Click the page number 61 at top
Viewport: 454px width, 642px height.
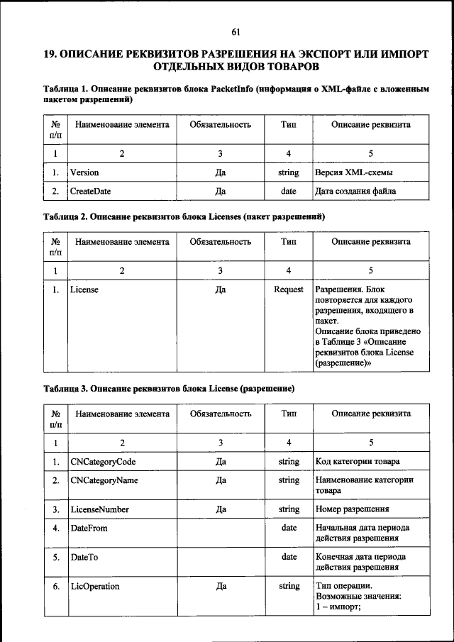[236, 31]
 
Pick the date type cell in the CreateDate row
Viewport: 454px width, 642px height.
[289, 191]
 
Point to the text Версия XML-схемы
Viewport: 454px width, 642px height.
[354, 172]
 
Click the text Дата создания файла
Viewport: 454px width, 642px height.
[355, 191]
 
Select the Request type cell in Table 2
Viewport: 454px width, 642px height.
[289, 289]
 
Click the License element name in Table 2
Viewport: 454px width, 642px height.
[84, 289]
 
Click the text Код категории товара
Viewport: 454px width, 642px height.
[357, 462]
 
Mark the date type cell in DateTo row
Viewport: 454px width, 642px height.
[289, 557]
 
